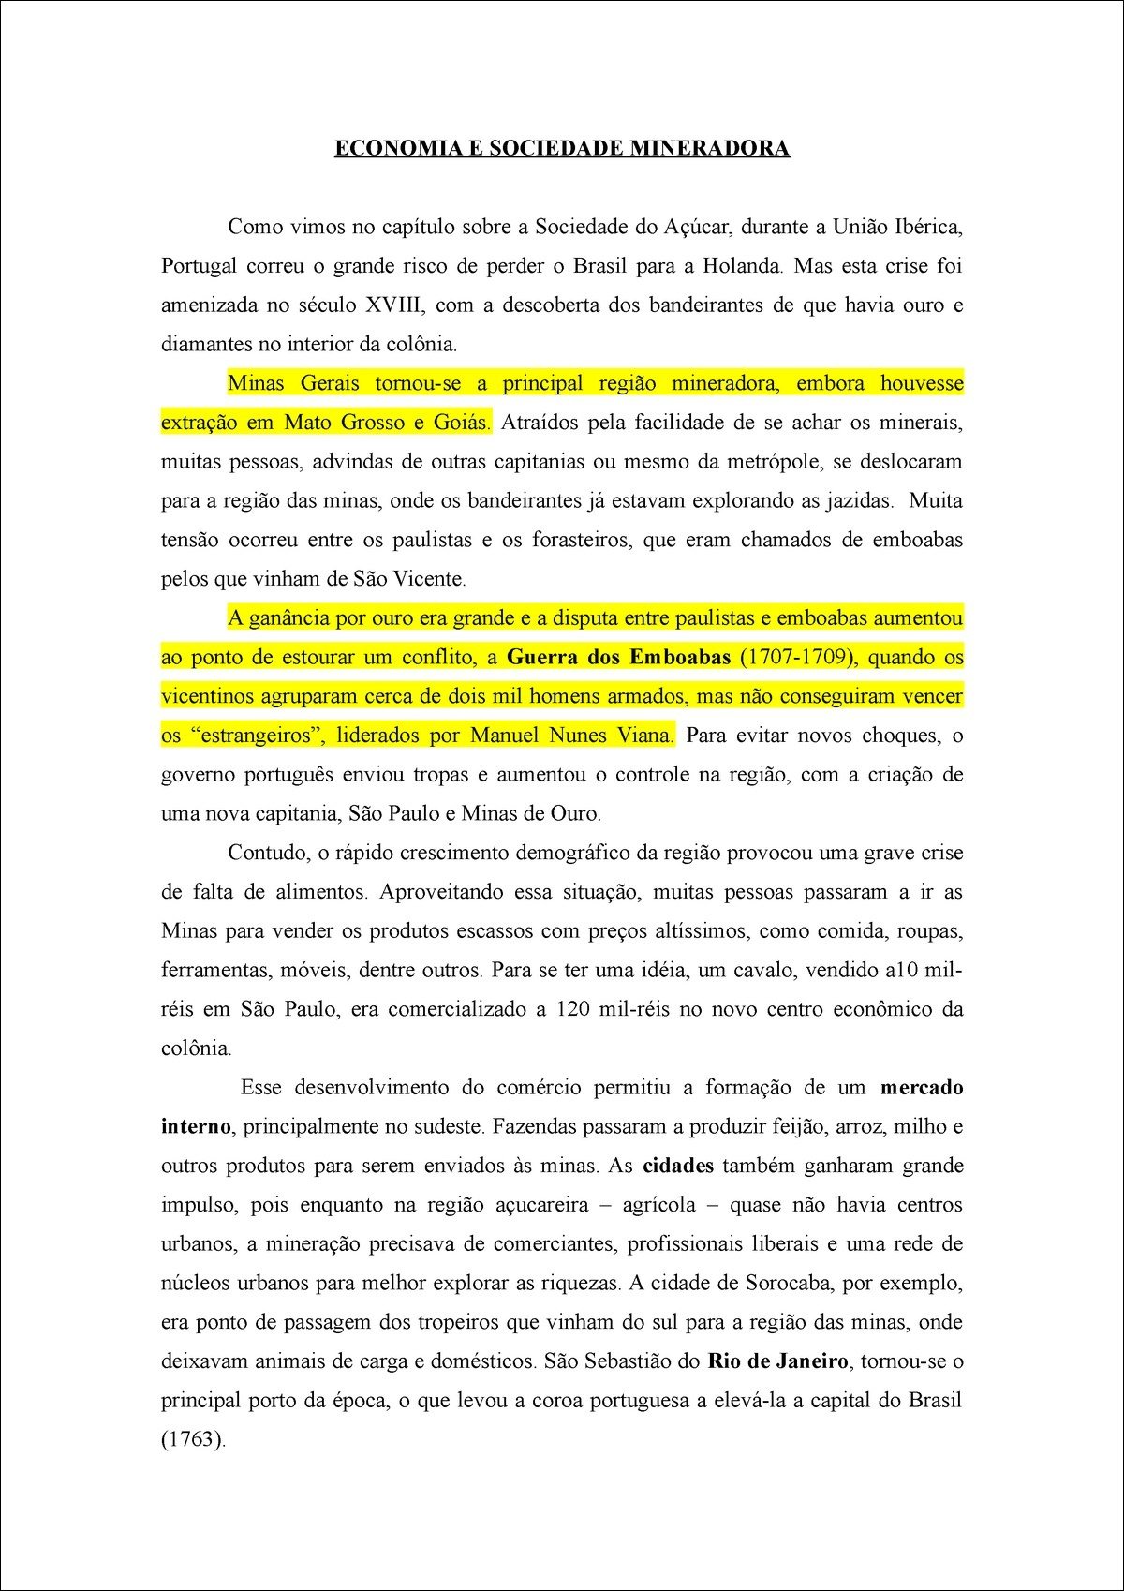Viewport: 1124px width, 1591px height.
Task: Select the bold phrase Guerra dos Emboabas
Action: click(x=618, y=657)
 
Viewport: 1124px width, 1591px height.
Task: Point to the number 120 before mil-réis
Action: click(x=572, y=1010)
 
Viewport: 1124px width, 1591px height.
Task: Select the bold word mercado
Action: click(x=922, y=1088)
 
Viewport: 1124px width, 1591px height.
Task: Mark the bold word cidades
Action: click(x=678, y=1167)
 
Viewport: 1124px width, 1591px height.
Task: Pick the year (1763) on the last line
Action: click(x=193, y=1440)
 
